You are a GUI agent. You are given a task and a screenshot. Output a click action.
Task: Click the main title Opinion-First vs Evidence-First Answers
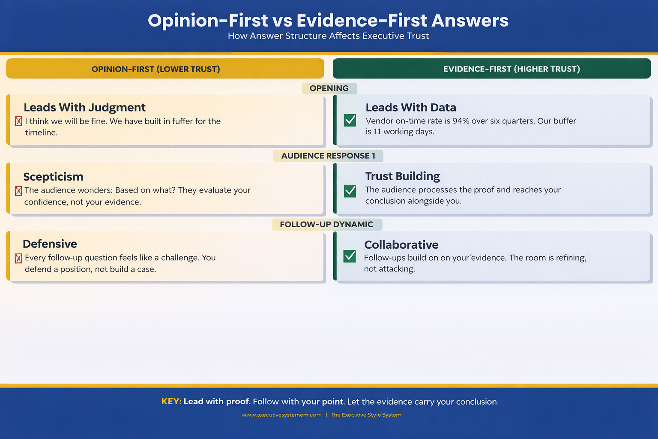click(x=328, y=21)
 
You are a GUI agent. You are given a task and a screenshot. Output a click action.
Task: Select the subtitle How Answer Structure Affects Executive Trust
click(x=328, y=36)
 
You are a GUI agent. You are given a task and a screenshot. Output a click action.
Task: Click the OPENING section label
click(x=329, y=88)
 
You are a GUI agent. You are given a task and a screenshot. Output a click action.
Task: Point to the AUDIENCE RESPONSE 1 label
click(x=328, y=156)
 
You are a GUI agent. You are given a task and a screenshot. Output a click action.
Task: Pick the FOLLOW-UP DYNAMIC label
click(x=326, y=224)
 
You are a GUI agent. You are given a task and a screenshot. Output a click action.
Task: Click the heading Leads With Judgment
click(x=84, y=107)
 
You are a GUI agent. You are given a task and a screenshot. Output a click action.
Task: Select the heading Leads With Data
click(x=410, y=107)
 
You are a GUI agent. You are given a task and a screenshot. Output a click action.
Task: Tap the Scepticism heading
click(x=53, y=177)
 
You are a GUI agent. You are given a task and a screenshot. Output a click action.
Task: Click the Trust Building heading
click(x=402, y=176)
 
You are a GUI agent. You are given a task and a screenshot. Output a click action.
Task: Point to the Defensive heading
click(x=50, y=244)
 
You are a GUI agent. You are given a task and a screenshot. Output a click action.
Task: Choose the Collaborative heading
click(x=401, y=245)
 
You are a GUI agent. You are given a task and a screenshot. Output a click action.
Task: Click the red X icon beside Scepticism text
click(x=18, y=191)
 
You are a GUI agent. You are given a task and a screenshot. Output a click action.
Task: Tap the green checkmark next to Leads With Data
click(x=350, y=120)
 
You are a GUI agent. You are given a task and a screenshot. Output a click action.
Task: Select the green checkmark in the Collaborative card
click(x=350, y=256)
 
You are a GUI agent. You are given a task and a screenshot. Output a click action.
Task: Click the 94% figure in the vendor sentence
click(x=461, y=121)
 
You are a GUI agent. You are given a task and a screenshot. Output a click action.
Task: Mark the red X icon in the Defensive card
click(x=18, y=258)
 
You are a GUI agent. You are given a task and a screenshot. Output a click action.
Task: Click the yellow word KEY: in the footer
click(x=171, y=402)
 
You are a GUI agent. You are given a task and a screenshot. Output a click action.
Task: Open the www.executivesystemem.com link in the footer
click(x=281, y=415)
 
